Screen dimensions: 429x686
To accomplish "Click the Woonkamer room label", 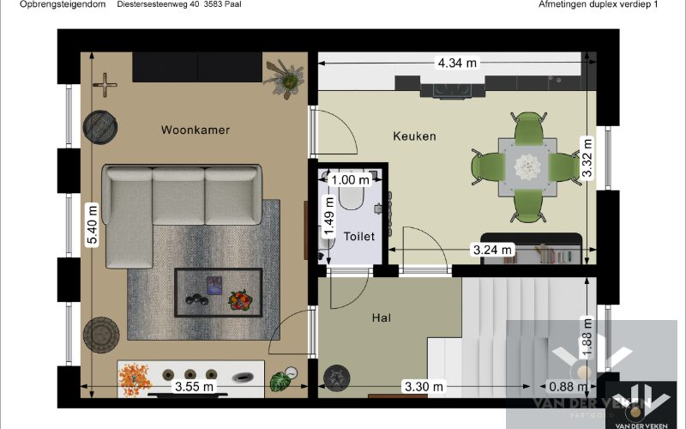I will [x=196, y=130].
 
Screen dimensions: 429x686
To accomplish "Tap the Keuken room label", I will [x=414, y=136].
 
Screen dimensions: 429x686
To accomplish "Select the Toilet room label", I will [x=358, y=236].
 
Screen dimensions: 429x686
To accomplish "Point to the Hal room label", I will [x=382, y=317].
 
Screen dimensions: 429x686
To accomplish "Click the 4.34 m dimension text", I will [x=457, y=63].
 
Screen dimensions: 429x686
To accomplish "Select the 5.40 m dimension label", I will [x=92, y=224].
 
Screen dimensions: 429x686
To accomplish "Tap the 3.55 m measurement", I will [x=194, y=387].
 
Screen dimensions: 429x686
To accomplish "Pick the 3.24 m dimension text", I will [x=492, y=250].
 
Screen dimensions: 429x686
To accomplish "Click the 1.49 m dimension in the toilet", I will [x=328, y=215].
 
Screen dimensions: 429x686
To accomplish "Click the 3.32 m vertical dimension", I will [x=587, y=158].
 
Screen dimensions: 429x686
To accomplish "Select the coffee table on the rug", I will [x=219, y=293].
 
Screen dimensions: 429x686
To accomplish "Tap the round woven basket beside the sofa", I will [x=99, y=127].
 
